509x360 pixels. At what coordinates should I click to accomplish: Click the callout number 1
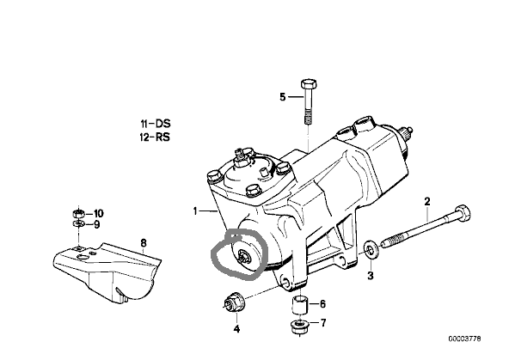[x=195, y=211]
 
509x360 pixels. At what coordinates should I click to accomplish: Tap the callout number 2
[x=427, y=201]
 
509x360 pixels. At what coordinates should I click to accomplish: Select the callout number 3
[x=370, y=276]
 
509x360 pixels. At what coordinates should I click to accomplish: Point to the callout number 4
[x=236, y=329]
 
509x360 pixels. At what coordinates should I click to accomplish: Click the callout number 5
[x=283, y=96]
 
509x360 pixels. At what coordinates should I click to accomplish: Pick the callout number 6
[x=322, y=304]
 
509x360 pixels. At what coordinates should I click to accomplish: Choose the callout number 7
[x=323, y=323]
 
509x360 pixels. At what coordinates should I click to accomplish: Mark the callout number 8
[x=143, y=242]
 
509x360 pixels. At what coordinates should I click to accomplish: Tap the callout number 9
[x=97, y=224]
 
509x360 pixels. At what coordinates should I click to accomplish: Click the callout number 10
[x=99, y=213]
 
